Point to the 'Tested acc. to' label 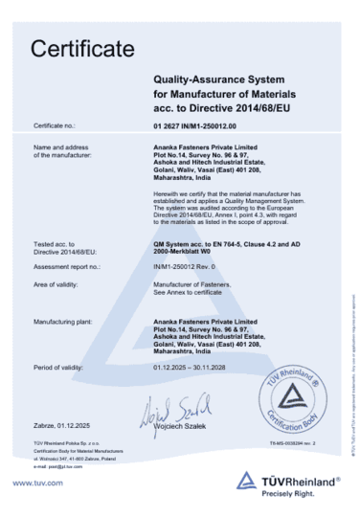tap(51, 244)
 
